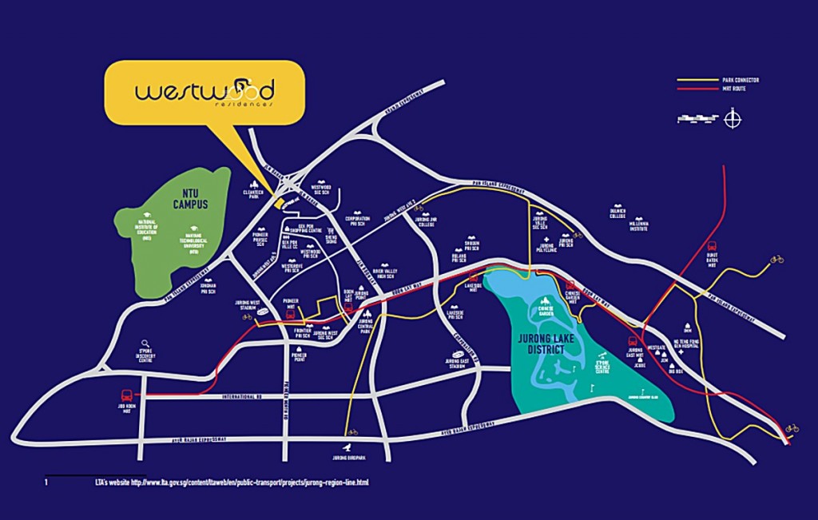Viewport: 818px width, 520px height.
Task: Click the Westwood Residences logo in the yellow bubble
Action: [x=204, y=92]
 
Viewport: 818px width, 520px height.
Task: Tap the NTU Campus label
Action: [x=191, y=199]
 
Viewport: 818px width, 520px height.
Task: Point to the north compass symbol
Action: [x=733, y=120]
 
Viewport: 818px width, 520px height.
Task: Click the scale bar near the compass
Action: [x=697, y=120]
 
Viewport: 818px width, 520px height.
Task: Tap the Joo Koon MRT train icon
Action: [x=127, y=395]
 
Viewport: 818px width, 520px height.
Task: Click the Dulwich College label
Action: [x=617, y=214]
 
